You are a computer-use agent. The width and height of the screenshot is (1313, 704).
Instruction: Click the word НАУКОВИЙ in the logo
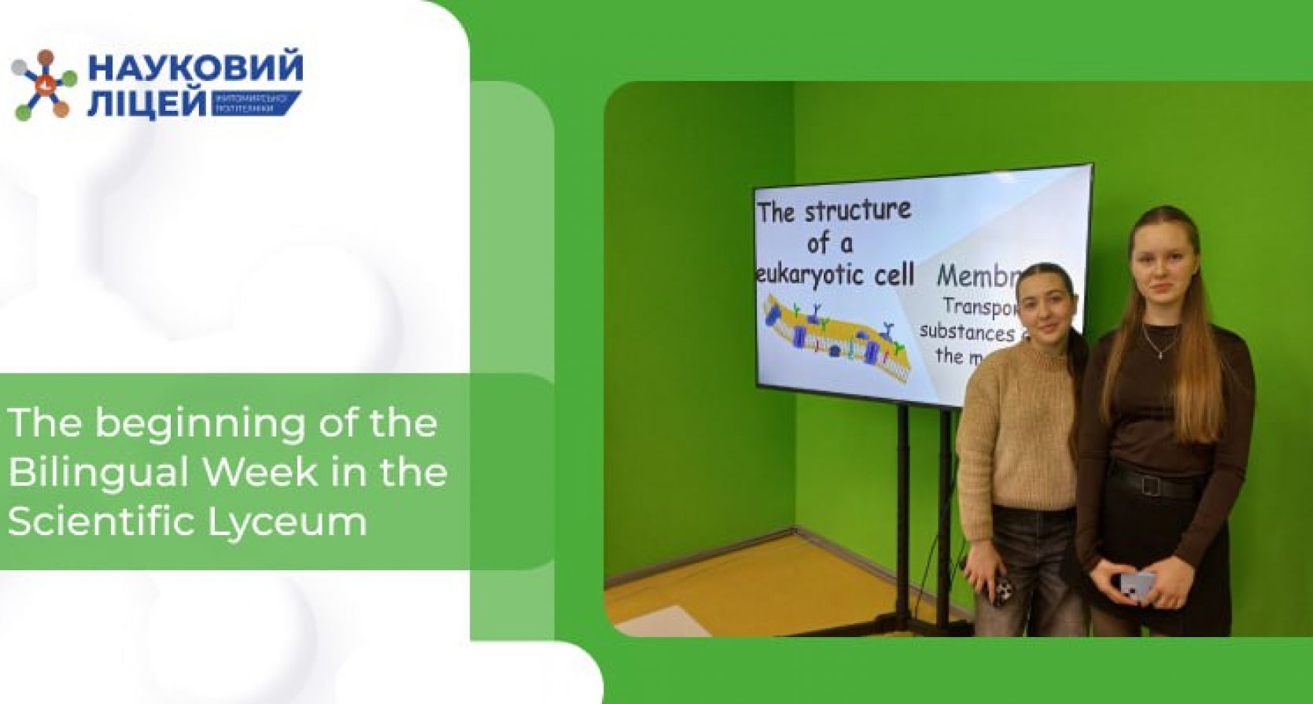click(x=195, y=68)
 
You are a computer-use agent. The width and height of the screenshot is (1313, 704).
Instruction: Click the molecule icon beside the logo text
click(x=44, y=85)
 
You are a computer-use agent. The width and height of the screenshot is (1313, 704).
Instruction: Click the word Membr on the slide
click(x=979, y=276)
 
